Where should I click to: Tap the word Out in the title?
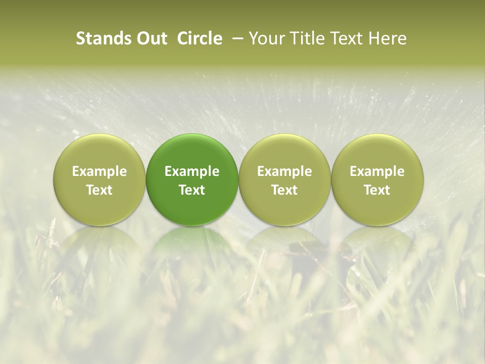click(x=151, y=38)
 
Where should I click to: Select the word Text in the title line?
click(x=345, y=38)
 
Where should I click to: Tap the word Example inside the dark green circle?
click(x=192, y=171)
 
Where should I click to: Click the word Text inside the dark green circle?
click(x=192, y=190)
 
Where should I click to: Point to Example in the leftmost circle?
click(x=100, y=171)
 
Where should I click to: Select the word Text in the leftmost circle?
click(x=100, y=190)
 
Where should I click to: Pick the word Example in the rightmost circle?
click(x=377, y=171)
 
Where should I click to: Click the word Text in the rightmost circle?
click(x=377, y=190)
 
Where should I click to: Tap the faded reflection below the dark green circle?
click(x=192, y=248)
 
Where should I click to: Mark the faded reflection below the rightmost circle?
click(x=377, y=248)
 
